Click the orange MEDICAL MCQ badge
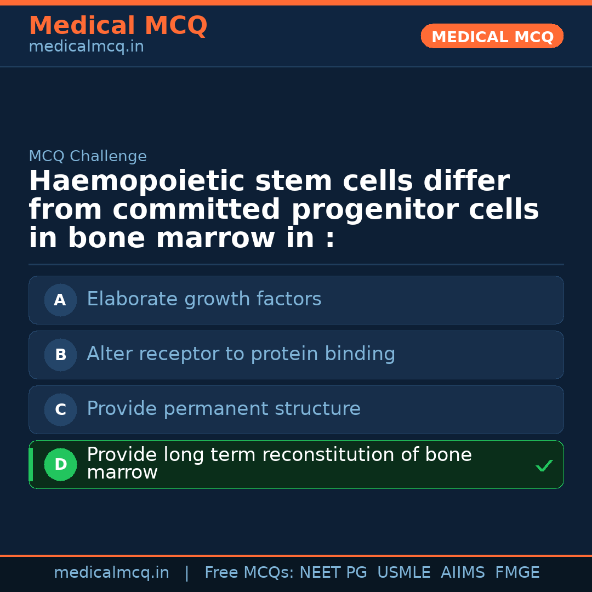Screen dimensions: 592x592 click(x=492, y=36)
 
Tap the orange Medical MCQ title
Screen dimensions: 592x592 click(x=118, y=26)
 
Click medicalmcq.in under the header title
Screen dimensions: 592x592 click(x=87, y=47)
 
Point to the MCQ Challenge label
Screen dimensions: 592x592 click(x=88, y=156)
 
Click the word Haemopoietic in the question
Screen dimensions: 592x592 click(x=136, y=181)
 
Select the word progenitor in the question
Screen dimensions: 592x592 click(x=375, y=210)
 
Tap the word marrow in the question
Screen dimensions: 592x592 click(x=215, y=238)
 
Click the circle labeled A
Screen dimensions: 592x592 click(x=60, y=300)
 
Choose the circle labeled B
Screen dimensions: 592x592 click(x=60, y=355)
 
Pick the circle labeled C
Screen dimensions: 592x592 click(x=60, y=409)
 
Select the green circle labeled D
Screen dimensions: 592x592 click(x=60, y=464)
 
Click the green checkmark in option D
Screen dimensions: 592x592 click(x=544, y=465)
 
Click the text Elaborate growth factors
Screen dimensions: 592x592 click(x=204, y=299)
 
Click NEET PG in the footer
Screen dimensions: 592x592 click(x=333, y=572)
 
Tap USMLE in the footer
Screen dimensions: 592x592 click(x=404, y=572)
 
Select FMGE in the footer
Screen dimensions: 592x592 click(x=517, y=572)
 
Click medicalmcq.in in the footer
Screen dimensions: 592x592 click(x=112, y=573)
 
